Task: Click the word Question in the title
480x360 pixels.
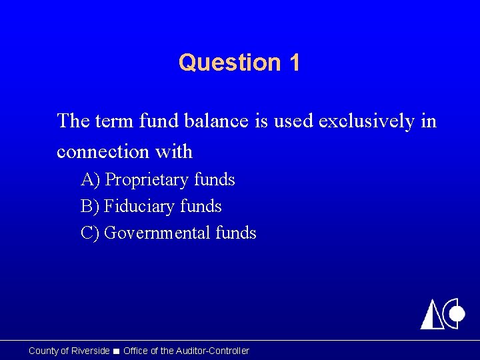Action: tap(221, 63)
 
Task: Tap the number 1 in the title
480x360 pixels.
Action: tap(294, 63)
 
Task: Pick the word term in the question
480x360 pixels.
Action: tap(114, 121)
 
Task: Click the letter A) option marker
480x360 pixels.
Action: tap(91, 180)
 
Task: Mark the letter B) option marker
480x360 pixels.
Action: tap(90, 207)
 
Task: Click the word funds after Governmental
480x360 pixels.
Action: tap(236, 233)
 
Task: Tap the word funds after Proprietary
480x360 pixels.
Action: tap(215, 180)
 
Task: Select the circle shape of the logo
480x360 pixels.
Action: tap(455, 312)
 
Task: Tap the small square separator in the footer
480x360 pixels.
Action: tap(117, 351)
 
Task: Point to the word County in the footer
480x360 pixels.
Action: tap(43, 351)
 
